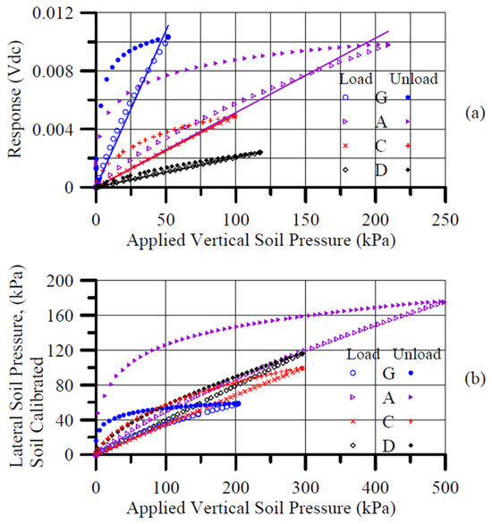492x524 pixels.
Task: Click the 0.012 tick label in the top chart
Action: [x=53, y=13]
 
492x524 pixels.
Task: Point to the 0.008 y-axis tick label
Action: [x=53, y=72]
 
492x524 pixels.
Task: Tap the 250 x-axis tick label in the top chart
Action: [x=445, y=220]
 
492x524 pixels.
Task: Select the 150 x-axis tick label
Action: [x=306, y=220]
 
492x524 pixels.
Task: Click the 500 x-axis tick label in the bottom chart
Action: [x=445, y=488]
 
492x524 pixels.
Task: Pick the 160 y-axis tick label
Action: [x=60, y=316]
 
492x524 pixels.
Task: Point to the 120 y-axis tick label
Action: [x=60, y=351]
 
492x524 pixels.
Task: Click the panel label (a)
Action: [x=475, y=114]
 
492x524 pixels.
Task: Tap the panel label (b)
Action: [x=475, y=378]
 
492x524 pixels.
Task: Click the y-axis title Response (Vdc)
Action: [x=15, y=99]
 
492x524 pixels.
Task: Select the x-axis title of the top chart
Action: [x=261, y=241]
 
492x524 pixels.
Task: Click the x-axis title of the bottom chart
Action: [x=261, y=509]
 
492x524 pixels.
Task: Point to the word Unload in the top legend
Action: [x=414, y=79]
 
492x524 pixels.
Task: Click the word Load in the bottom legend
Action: [x=363, y=354]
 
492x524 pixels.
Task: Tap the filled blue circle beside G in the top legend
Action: [x=408, y=97]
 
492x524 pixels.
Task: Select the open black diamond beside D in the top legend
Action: [x=345, y=170]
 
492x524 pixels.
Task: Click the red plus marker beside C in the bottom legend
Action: [x=411, y=421]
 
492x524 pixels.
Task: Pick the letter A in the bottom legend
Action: [x=388, y=398]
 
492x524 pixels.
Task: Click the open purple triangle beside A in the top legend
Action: [x=345, y=122]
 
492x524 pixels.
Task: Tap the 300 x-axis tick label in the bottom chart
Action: [x=306, y=488]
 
